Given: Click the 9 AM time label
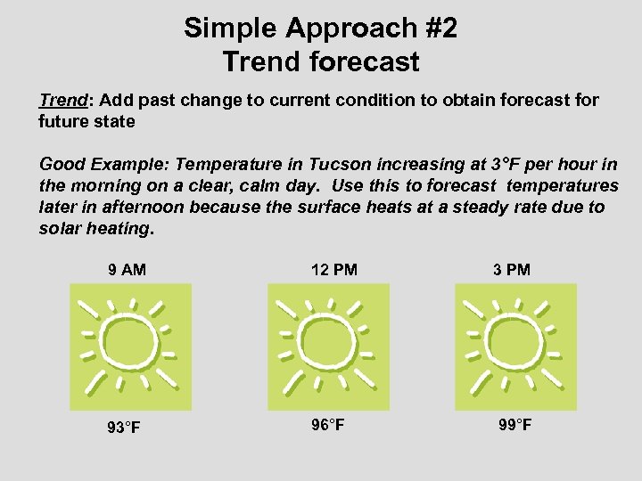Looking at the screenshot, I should point(127,270).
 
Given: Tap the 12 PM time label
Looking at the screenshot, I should point(333,270).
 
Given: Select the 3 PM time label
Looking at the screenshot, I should point(512,270).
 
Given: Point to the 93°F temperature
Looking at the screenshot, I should point(123,428).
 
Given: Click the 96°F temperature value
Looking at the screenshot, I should point(328,425).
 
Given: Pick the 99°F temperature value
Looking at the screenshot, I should point(515,425).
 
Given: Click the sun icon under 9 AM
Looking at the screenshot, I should point(130,347).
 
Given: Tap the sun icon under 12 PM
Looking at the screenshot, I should point(328,347).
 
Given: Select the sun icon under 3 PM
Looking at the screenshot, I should point(515,347).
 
